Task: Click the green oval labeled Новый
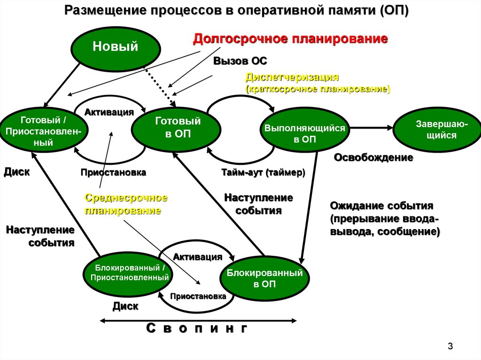click(x=115, y=46)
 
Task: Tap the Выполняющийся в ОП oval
click(x=304, y=133)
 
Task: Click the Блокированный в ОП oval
click(x=264, y=278)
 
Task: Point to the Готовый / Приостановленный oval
click(x=43, y=131)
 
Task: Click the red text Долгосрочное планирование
click(x=291, y=38)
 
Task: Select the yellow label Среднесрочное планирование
click(x=126, y=204)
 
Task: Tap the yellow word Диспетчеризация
click(x=292, y=77)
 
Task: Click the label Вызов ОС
click(x=240, y=61)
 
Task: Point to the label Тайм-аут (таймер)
click(x=263, y=173)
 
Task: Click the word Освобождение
click(x=373, y=158)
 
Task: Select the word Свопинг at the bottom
click(x=197, y=329)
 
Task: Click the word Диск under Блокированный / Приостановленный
click(x=125, y=306)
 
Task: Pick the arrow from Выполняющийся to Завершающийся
click(x=371, y=127)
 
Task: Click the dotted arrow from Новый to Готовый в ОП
click(x=159, y=84)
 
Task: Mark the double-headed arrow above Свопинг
click(x=198, y=321)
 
